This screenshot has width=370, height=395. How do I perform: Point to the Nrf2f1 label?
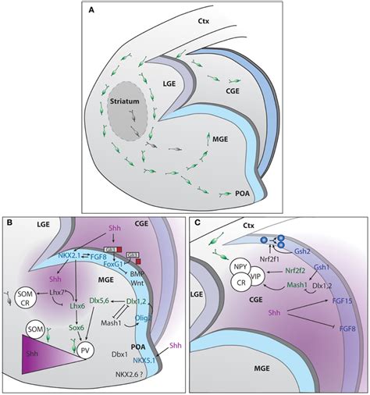point(267,254)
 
